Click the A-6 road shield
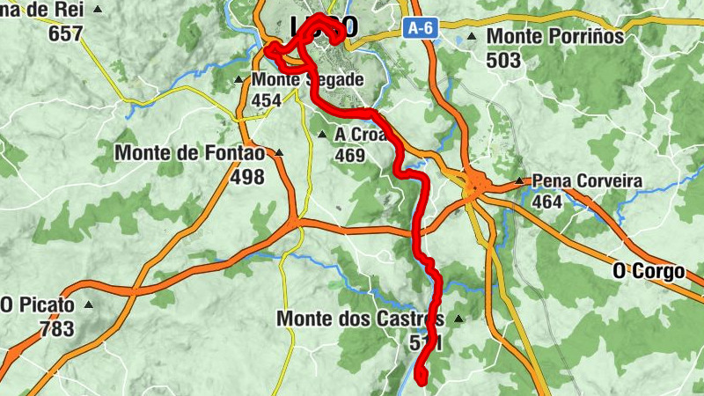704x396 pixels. [419, 28]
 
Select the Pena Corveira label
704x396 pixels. [587, 181]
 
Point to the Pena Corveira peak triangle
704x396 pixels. [519, 181]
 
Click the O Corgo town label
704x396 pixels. [649, 272]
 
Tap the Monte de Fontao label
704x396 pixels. [189, 153]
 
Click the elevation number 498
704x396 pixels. [246, 177]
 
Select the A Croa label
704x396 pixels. [360, 135]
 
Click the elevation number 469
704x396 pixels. [349, 156]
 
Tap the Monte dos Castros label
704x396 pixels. [359, 319]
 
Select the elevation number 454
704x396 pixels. [267, 101]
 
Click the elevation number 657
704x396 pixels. [66, 34]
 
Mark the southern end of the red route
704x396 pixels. [421, 380]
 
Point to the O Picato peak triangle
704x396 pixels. [88, 305]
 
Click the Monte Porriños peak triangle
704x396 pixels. [473, 37]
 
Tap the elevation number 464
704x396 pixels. [547, 202]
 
